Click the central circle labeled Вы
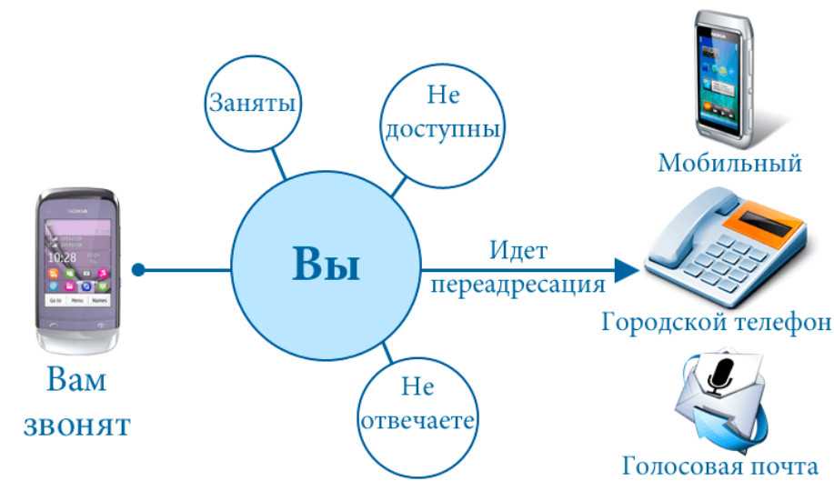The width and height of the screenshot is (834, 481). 326,266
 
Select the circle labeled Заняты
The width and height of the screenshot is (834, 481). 253,103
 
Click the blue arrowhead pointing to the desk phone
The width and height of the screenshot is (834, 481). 627,270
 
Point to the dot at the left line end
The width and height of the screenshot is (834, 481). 138,270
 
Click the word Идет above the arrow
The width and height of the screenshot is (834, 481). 518,250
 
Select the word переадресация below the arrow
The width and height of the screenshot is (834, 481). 517,286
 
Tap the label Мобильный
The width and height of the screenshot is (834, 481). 729,163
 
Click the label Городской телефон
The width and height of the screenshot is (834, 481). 716,322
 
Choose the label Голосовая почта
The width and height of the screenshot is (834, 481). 719,466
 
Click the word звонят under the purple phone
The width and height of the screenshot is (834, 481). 77,426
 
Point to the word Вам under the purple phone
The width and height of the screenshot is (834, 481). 76,379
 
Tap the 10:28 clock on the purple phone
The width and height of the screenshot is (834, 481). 62,258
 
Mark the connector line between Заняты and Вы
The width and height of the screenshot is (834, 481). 278,164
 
